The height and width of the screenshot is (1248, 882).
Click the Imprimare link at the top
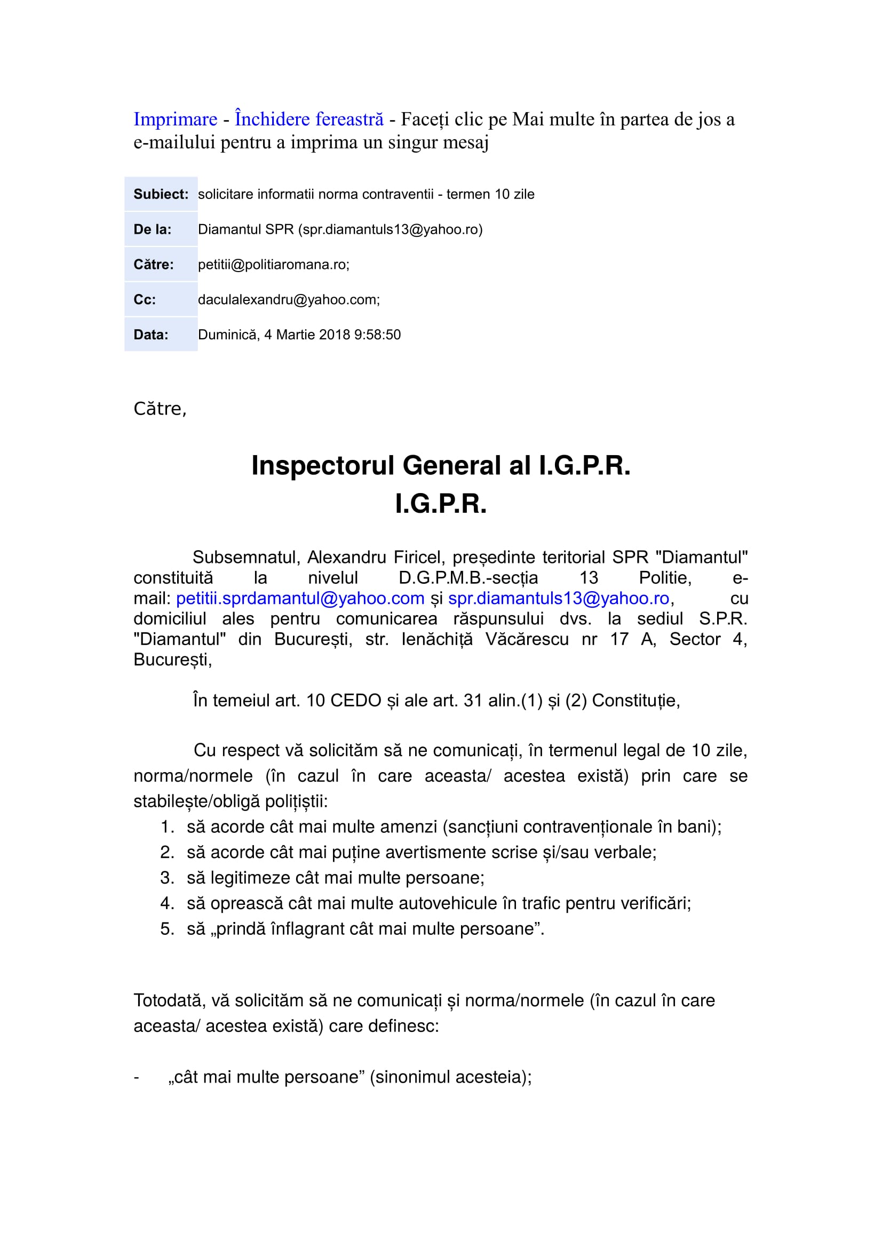click(x=175, y=119)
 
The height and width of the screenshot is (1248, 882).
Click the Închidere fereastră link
click(x=308, y=119)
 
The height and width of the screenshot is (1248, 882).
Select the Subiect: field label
click(x=161, y=194)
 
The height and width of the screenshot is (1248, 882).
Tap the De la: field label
click(x=152, y=229)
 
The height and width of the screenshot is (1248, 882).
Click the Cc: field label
click(x=145, y=299)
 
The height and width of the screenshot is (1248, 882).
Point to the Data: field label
click(x=150, y=335)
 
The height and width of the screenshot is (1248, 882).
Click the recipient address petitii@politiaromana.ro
click(x=273, y=265)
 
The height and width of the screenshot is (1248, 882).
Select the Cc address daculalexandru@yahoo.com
click(x=288, y=299)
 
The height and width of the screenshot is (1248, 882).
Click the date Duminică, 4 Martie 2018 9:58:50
click(x=299, y=335)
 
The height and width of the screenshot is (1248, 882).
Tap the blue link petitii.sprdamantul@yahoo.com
click(x=300, y=599)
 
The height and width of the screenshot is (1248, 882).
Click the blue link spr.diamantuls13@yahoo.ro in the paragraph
click(x=558, y=599)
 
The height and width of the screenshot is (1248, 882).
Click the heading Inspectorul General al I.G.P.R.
click(x=441, y=465)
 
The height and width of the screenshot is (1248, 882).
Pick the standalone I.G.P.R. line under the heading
click(x=441, y=504)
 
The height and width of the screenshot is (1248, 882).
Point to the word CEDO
click(x=355, y=701)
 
